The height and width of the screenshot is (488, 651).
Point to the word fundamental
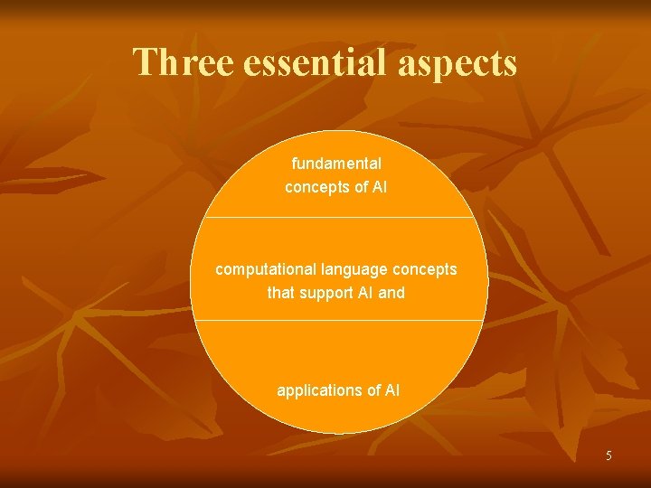point(336,164)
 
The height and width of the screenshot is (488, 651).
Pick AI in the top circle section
point(379,187)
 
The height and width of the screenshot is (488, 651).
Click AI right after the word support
point(364,293)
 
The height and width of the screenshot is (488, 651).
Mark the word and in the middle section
point(392,293)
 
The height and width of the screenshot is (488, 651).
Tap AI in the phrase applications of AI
point(392,390)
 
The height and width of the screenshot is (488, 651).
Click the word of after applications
point(367,390)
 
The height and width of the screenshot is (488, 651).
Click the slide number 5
point(609,455)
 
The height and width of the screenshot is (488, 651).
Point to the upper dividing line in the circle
point(339,217)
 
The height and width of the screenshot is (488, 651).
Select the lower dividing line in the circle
point(339,320)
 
